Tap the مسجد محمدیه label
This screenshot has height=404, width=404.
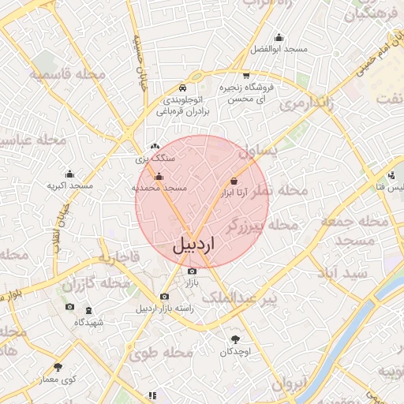coord(159,189)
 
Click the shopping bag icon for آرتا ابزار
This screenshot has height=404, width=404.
coord(233,181)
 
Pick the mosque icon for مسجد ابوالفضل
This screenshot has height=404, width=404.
coord(278,36)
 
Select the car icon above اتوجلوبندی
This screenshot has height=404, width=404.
coord(182,88)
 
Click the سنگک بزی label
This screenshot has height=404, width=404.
coord(155,158)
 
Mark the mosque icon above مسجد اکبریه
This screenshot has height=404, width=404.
coord(69,174)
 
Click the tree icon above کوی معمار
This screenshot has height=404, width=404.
coord(58,366)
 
